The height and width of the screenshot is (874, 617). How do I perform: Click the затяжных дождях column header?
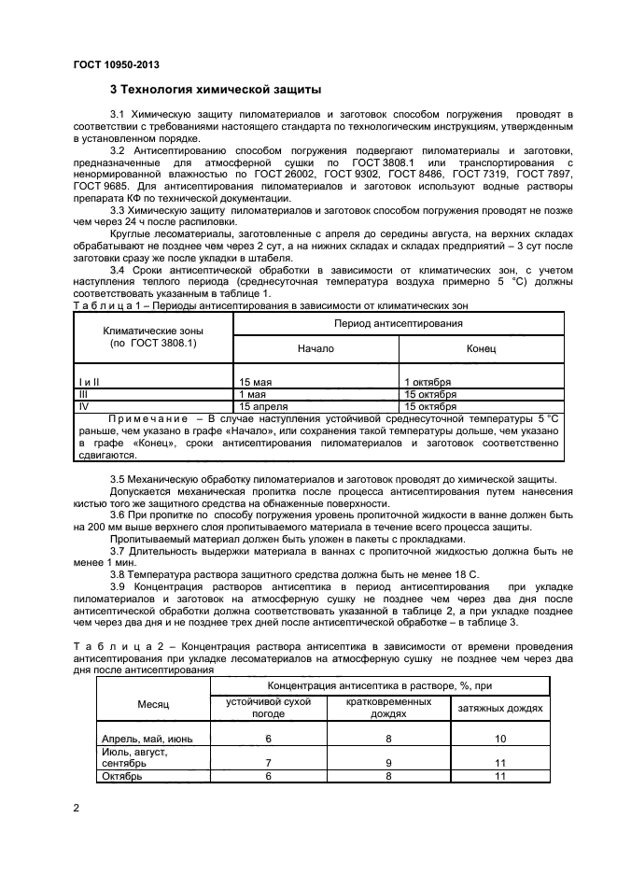(x=499, y=707)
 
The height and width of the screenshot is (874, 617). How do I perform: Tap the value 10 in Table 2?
(x=499, y=739)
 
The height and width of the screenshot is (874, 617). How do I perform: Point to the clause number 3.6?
(x=119, y=515)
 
